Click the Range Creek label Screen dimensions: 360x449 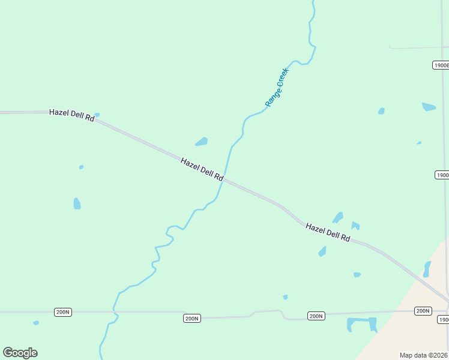[x=277, y=88]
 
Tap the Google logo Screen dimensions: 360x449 [x=20, y=353]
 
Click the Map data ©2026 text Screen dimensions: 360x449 [x=424, y=355]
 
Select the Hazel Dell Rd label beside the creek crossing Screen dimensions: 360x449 [x=202, y=170]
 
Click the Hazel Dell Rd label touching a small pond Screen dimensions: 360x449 [x=72, y=115]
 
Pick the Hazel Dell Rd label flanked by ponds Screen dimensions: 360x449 [x=328, y=232]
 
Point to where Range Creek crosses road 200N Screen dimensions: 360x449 [x=113, y=312]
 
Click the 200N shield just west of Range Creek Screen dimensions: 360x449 [x=62, y=312]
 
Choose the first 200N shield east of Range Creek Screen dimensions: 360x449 [x=191, y=318]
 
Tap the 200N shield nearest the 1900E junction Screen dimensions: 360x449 [x=423, y=311]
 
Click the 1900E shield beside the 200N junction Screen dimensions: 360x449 [x=443, y=320]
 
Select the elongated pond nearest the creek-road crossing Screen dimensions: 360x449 [x=201, y=142]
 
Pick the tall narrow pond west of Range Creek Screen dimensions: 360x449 [x=77, y=203]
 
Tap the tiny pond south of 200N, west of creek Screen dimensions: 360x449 [x=36, y=323]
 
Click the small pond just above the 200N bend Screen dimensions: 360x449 [x=285, y=297]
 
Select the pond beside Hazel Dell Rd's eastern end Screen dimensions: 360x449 [x=427, y=269]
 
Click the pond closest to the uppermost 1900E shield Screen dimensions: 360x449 [x=429, y=107]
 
